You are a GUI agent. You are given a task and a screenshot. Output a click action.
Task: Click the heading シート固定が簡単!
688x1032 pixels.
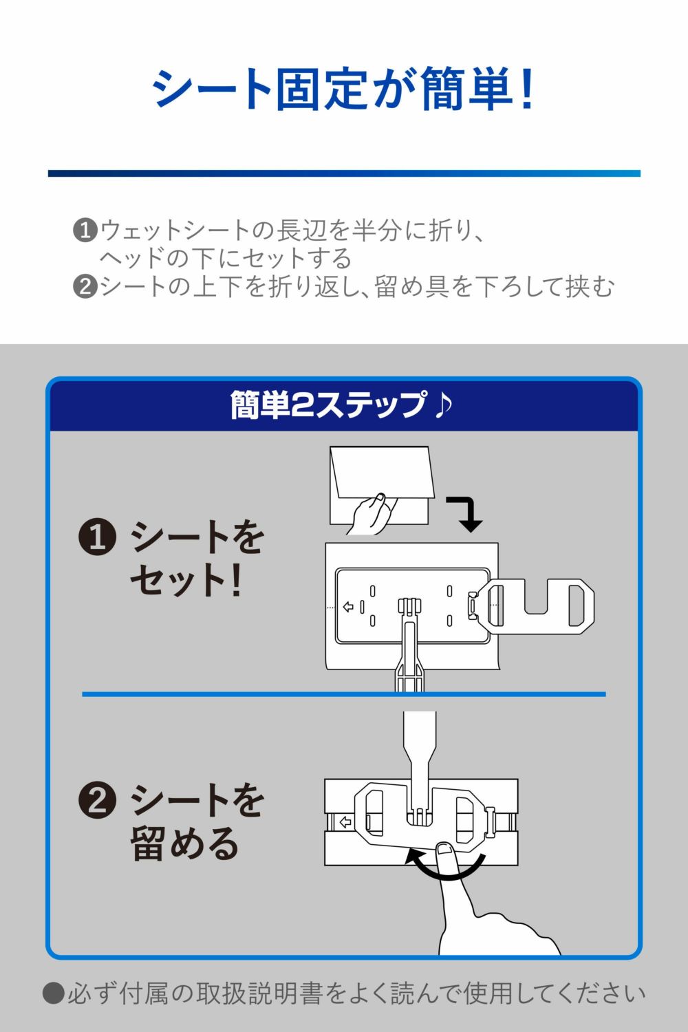[343, 89]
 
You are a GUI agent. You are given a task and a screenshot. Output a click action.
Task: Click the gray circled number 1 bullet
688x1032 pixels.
[85, 230]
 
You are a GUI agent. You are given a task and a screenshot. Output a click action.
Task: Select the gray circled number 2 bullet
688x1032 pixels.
[85, 287]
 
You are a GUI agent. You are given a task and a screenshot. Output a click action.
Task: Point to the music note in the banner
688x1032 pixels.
[443, 405]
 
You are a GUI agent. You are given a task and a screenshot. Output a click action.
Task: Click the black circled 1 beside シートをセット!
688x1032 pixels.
[97, 537]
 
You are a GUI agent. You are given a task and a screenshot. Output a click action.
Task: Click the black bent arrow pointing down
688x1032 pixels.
[468, 513]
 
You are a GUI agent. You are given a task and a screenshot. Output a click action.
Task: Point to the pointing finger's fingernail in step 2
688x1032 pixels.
[444, 847]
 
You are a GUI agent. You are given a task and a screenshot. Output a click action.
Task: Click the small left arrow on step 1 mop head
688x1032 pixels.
[348, 607]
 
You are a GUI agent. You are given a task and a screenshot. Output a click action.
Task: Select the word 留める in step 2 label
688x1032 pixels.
[185, 843]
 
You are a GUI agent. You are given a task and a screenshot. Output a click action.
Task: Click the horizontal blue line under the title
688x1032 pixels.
[344, 173]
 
